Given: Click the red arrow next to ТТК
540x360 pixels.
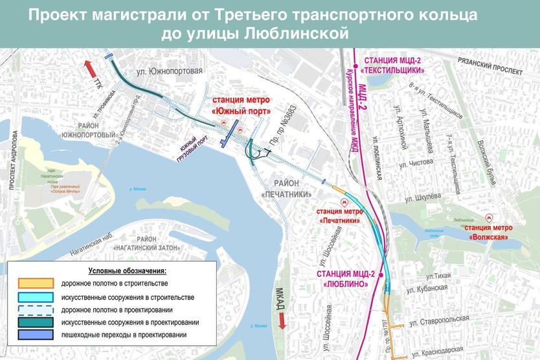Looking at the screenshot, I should pyautogui.click(x=90, y=68).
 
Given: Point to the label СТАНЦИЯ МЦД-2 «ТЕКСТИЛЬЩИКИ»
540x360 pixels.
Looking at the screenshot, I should pyautogui.click(x=393, y=64).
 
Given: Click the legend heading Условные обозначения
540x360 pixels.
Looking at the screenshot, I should pyautogui.click(x=128, y=270).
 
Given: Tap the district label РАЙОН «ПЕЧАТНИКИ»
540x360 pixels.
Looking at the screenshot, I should pyautogui.click(x=287, y=188).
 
